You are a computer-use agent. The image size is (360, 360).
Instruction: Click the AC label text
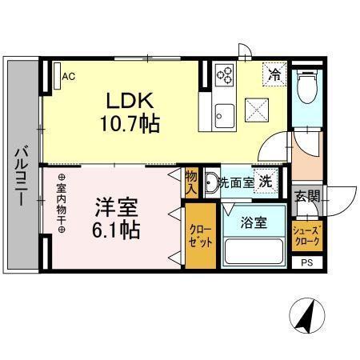[x=68, y=77]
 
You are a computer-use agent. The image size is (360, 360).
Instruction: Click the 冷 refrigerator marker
[x=274, y=77]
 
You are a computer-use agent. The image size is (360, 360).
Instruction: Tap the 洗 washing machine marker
[x=264, y=181]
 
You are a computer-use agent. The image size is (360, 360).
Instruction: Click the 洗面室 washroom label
[x=236, y=182]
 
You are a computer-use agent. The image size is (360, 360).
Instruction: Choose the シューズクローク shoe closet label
[x=306, y=235]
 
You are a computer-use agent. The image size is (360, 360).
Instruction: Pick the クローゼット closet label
[x=200, y=236]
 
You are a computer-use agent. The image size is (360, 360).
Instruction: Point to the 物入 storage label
[x=191, y=182]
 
